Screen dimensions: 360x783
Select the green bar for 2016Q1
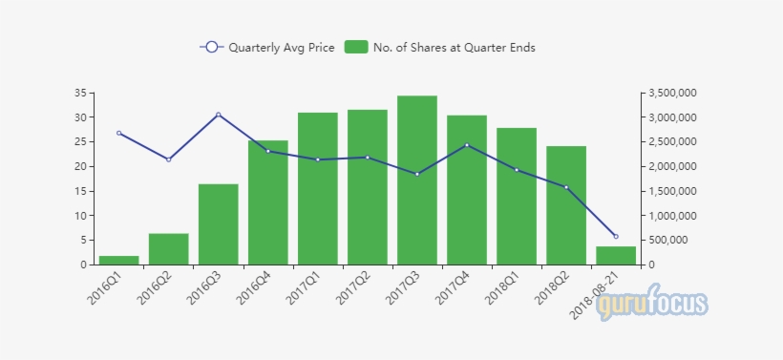pos(119,260)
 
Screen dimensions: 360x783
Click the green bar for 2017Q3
pos(417,181)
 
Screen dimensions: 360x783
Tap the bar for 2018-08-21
pos(616,255)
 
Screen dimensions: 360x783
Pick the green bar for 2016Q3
pos(219,224)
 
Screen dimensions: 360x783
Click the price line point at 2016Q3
pos(219,115)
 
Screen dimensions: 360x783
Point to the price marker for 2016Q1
pos(119,133)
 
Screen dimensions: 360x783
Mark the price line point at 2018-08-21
pos(616,236)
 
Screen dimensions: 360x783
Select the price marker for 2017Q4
pos(467,145)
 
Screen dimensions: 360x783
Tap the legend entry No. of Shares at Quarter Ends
pos(440,48)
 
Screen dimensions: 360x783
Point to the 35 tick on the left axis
pos(80,93)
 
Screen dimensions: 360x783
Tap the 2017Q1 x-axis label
pos(304,287)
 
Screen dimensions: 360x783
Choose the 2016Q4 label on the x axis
pos(254,287)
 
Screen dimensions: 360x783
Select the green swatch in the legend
pos(356,48)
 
